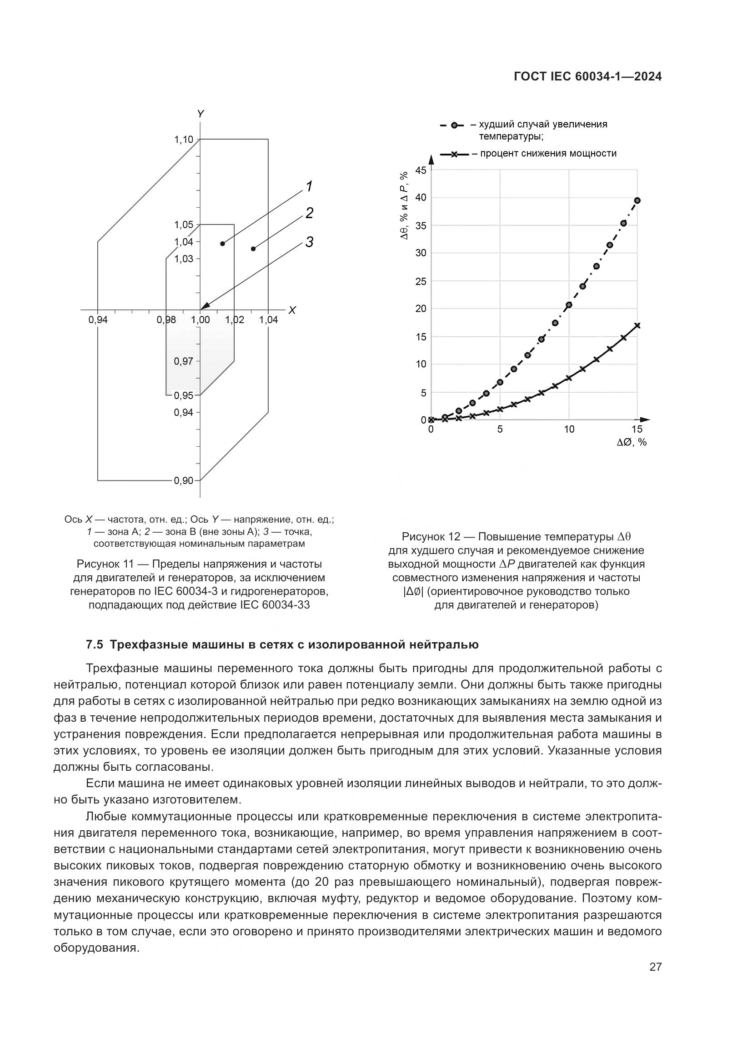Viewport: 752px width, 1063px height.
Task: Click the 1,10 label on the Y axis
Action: pos(183,140)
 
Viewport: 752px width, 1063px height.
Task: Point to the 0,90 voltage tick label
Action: pos(183,480)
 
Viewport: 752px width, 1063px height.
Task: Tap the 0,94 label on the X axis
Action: pos(98,319)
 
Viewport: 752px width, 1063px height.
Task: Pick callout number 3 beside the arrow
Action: pos(309,242)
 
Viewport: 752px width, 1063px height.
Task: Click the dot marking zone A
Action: pos(222,244)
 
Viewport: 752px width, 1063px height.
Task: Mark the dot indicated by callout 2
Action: pos(253,249)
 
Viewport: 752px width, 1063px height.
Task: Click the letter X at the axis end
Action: pos(292,310)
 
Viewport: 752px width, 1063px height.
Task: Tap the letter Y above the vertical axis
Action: pos(200,114)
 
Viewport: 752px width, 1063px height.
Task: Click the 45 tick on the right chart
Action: pos(420,170)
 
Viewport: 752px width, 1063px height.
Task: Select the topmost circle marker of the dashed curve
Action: pos(637,200)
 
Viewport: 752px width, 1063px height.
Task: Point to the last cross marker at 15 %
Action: pos(637,325)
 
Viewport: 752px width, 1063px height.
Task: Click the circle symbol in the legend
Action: pos(455,125)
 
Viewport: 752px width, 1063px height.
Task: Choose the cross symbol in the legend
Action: pos(454,154)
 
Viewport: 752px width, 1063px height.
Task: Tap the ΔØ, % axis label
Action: pos(632,442)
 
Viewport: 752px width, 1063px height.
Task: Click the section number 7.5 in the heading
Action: pos(94,644)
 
